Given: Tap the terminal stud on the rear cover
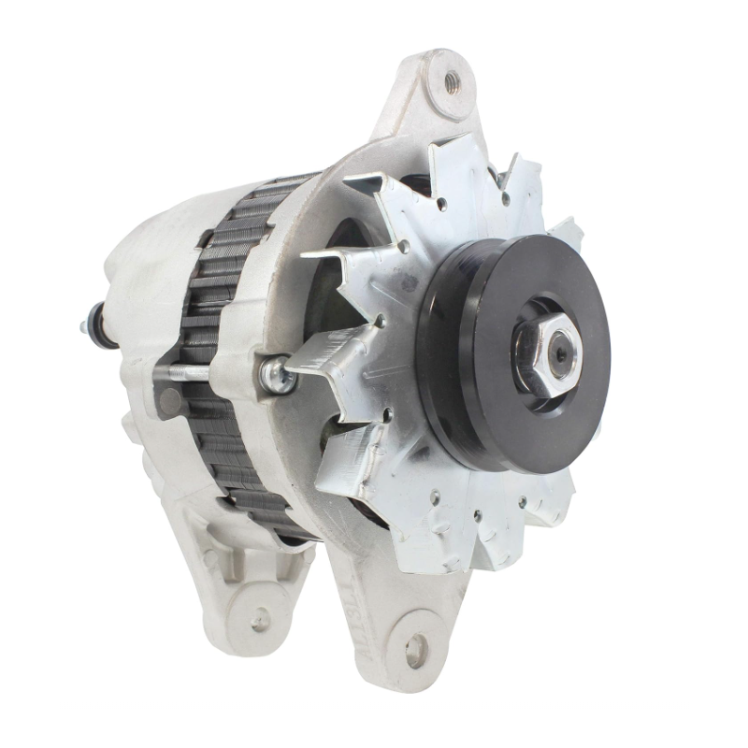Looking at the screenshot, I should pyautogui.click(x=90, y=326).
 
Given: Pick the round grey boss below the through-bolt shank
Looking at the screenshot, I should pyautogui.click(x=171, y=401).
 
